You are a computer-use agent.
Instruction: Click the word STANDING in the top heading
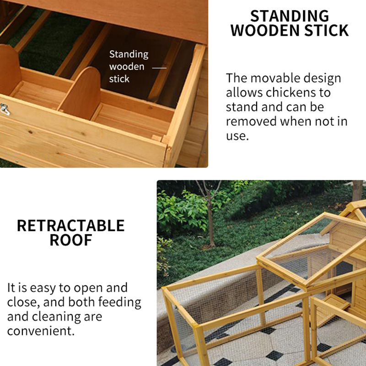point(290,16)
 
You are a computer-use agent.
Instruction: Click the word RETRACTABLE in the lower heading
point(70,226)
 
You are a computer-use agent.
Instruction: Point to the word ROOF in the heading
point(71,240)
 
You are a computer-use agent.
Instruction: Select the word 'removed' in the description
point(251,121)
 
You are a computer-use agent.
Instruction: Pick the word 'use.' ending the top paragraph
point(237,136)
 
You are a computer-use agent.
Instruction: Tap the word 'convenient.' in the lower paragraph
point(41,331)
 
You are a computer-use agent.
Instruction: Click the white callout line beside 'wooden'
point(159,68)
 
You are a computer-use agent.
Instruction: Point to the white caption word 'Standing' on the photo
point(129,54)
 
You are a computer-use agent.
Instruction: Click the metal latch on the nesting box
point(5,109)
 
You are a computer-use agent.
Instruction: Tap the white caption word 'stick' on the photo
point(119,79)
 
